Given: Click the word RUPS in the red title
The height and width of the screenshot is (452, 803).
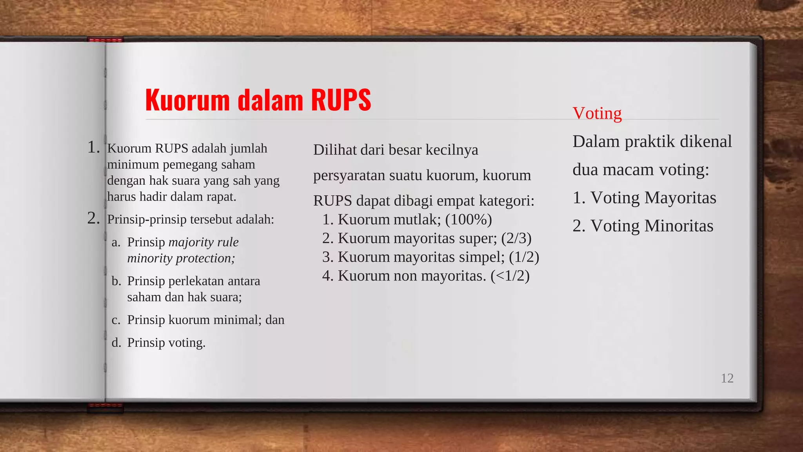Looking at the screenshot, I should coord(341,100).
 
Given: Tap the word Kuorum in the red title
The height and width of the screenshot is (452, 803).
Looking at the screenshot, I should coord(187,100).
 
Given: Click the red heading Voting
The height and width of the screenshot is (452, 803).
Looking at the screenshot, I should coord(597,113).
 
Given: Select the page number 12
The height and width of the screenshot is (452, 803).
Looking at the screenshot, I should coord(727,378).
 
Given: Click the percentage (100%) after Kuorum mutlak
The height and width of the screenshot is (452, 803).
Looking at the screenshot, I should coord(468,219).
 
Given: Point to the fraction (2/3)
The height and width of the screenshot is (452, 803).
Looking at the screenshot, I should coord(516,238).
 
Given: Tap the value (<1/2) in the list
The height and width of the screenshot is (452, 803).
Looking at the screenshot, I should coord(510,276).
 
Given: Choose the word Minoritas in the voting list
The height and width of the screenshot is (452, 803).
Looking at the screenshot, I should coord(678,226).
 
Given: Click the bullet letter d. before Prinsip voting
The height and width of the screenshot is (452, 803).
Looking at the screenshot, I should coord(116,343).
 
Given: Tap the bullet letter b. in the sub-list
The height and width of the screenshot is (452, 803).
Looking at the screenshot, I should coord(116,281).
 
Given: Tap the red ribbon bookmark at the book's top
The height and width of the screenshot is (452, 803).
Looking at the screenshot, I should coord(105,40).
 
